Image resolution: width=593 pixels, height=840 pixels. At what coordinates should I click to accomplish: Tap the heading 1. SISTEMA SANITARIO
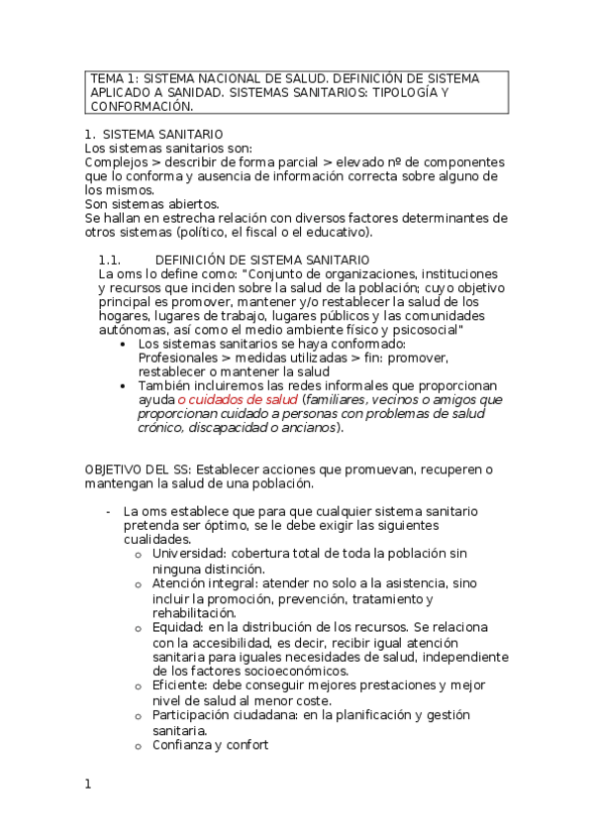click(x=153, y=134)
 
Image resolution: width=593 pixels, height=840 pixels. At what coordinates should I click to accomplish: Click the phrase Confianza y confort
click(x=210, y=745)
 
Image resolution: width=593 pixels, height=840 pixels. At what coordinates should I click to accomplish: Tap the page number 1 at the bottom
click(x=88, y=785)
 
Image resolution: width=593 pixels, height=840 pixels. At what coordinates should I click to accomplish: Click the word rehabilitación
click(x=194, y=613)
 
